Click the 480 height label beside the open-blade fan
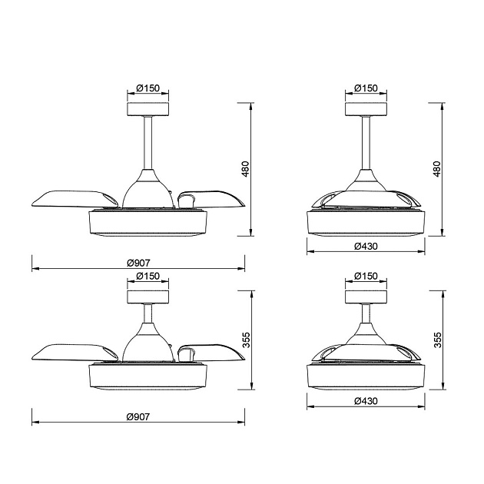point(245,169)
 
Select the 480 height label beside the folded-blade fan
point(437,169)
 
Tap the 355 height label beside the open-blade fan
point(246,340)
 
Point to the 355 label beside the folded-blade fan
point(438,340)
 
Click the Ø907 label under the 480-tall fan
point(138,263)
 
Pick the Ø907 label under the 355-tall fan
point(138,416)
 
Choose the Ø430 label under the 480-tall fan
point(366,246)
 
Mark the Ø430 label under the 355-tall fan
point(366,401)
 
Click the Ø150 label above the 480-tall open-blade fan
point(148,88)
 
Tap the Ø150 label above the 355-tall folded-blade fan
point(366,276)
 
